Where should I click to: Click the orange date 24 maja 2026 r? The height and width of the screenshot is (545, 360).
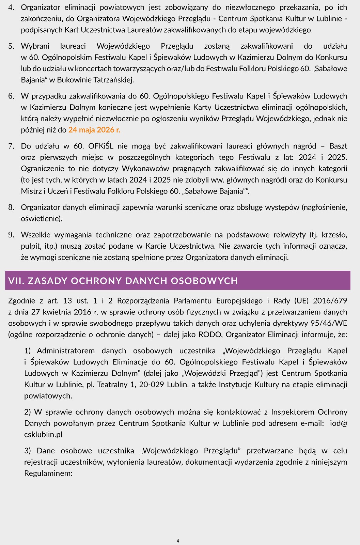point(94,130)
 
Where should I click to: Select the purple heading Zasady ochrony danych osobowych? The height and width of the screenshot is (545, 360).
point(123,281)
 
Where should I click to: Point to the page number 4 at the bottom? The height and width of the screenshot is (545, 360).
point(178,541)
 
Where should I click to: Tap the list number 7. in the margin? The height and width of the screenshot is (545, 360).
point(11,146)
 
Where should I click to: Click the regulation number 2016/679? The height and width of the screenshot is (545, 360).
point(330,301)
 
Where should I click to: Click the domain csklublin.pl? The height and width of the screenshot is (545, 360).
point(43,435)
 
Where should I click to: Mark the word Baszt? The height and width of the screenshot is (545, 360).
point(338,146)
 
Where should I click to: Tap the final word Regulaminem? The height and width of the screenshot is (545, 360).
point(48,473)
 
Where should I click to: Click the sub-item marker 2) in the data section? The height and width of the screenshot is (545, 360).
point(28,412)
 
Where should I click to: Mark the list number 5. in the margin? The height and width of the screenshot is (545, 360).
point(11,46)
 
